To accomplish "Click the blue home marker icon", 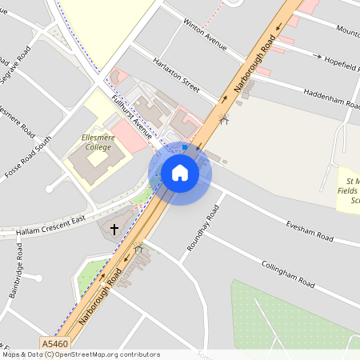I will click(180, 173).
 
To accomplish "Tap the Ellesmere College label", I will click(98, 142).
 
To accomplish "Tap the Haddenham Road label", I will click(330, 98).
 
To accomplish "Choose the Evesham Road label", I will click(309, 230).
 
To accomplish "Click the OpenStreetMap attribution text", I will click(80, 354).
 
